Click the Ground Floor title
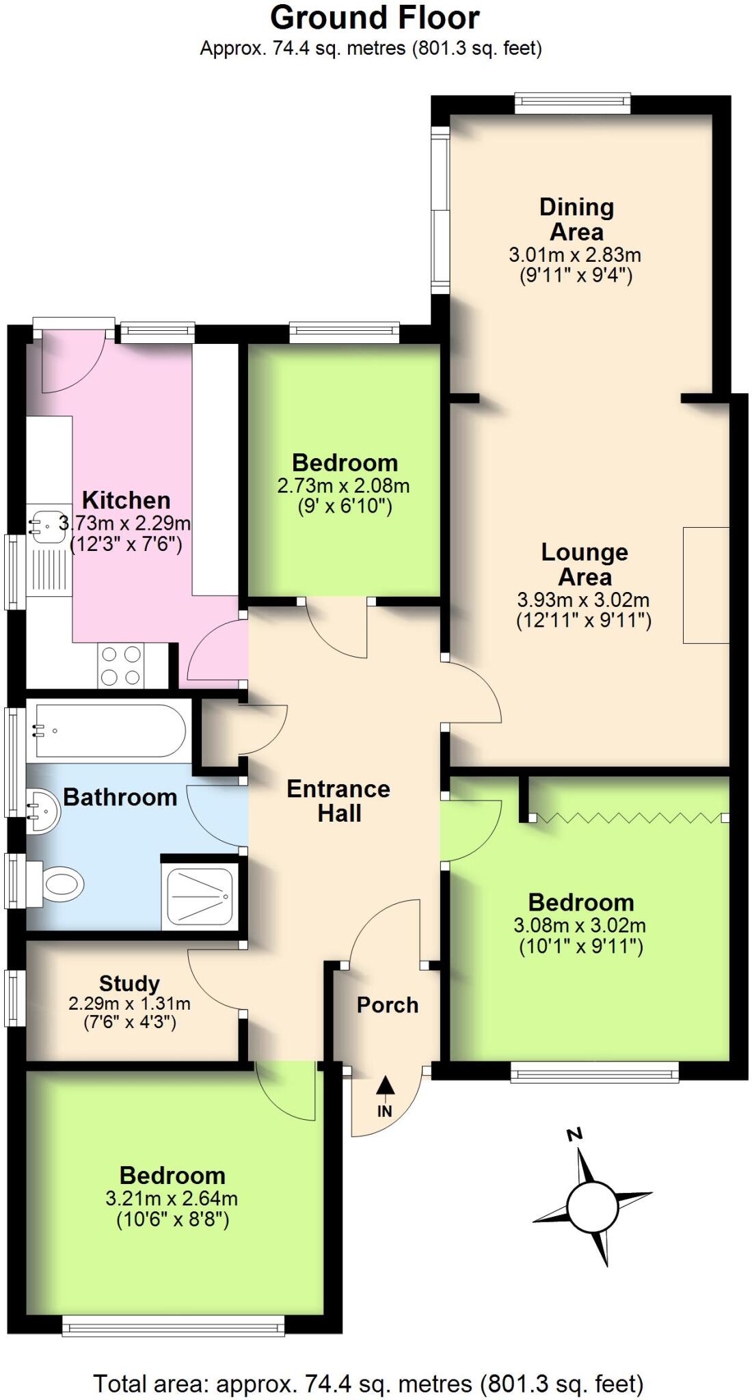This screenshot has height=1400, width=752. tap(375, 18)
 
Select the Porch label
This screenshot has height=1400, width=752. tap(387, 1005)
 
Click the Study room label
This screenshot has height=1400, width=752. tap(129, 984)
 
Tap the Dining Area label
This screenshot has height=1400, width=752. tap(576, 219)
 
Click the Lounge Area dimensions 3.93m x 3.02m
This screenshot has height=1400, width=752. tap(583, 600)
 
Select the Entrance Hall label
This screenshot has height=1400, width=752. tap(338, 801)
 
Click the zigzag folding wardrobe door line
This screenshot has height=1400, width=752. tap(629, 818)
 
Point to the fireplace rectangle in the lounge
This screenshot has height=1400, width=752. tap(706, 585)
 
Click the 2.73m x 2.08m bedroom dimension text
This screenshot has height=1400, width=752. tap(343, 486)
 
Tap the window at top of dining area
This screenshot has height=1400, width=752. tap(572, 104)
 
